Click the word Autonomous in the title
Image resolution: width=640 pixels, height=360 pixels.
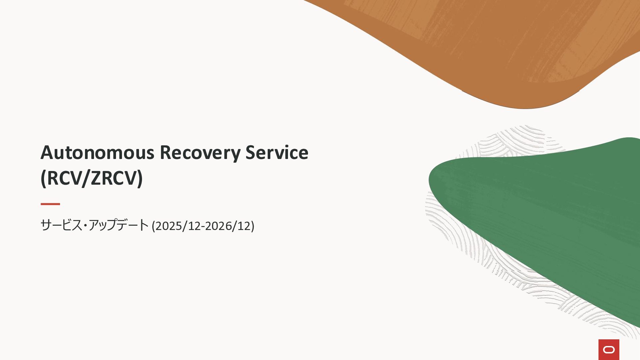[x=97, y=153]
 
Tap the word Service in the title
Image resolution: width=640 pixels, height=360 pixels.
[x=277, y=153]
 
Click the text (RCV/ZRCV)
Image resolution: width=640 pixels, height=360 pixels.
[x=92, y=178]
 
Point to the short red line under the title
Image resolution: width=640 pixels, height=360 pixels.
[x=50, y=204]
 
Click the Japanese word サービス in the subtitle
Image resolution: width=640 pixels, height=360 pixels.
[x=61, y=225]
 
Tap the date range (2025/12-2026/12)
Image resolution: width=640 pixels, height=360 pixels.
[x=203, y=226]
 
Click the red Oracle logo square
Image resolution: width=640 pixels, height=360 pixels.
[x=609, y=350]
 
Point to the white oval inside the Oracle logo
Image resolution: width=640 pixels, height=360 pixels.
[x=609, y=349]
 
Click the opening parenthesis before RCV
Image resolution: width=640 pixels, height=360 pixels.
[x=43, y=179]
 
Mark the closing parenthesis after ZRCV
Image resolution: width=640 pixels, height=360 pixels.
[x=140, y=179]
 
